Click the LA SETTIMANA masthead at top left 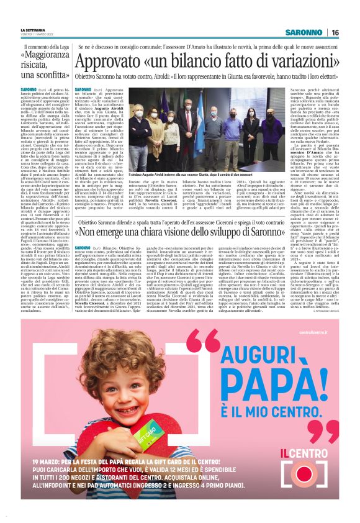pos(33,30)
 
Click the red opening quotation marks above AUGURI pos(202,339)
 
